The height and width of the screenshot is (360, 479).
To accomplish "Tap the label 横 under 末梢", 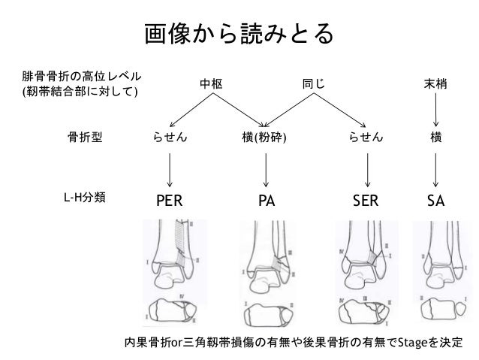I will point(435,138).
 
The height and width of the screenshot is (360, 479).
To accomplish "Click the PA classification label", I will point(267,201).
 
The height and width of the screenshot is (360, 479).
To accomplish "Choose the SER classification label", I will point(366,201).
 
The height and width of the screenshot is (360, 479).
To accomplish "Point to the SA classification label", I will point(435,201).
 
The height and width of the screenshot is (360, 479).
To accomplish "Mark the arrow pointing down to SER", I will point(366,169).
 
